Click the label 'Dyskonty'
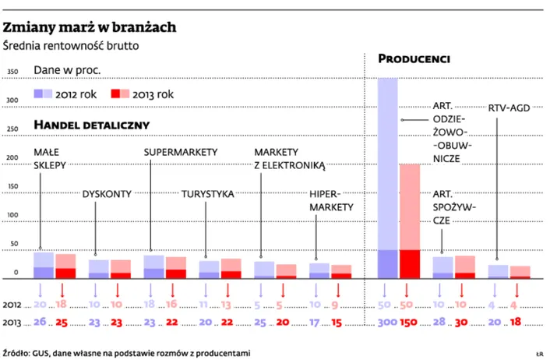(x=106, y=194)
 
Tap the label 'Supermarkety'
(x=180, y=151)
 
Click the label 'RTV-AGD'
(x=509, y=108)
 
